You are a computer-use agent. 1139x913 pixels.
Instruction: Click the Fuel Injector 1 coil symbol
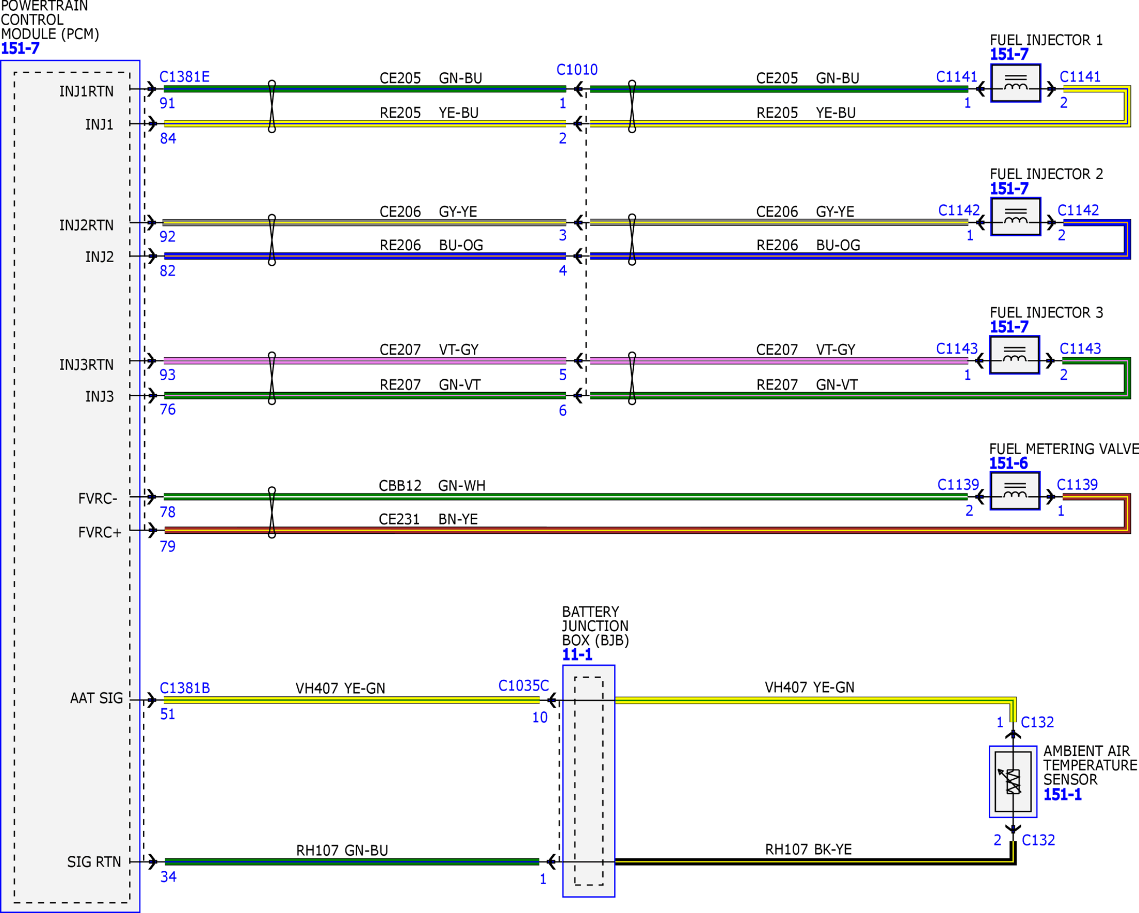[x=1015, y=83]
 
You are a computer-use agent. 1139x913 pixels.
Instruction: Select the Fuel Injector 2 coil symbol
[x=1015, y=217]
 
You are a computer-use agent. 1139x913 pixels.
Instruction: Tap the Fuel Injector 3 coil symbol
[x=1014, y=355]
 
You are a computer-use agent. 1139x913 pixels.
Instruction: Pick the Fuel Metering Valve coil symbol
[x=1015, y=491]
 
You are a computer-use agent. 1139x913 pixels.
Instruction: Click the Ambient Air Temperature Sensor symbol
[x=1013, y=781]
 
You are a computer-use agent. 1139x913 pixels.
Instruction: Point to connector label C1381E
[x=184, y=76]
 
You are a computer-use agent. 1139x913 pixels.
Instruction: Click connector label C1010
[x=577, y=70]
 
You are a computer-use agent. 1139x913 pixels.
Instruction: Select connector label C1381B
[x=185, y=688]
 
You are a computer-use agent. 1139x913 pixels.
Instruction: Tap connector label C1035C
[x=524, y=686]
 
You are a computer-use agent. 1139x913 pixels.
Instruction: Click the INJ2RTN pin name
[x=86, y=225]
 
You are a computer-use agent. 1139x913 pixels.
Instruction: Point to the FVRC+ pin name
[x=99, y=533]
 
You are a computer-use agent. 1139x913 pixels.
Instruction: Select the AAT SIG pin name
[x=96, y=699]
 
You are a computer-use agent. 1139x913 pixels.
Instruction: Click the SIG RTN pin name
[x=94, y=862]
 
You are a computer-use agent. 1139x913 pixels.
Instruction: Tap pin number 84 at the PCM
[x=168, y=139]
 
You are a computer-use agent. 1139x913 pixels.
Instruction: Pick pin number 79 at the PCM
[x=167, y=547]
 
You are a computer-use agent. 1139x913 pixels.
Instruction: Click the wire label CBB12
[x=400, y=486]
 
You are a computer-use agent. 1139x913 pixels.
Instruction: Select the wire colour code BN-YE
[x=458, y=519]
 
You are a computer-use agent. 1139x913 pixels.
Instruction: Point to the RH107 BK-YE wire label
[x=809, y=849]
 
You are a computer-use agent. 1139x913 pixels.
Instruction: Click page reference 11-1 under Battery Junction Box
[x=577, y=655]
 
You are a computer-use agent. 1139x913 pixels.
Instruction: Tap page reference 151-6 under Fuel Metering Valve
[x=1009, y=463]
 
